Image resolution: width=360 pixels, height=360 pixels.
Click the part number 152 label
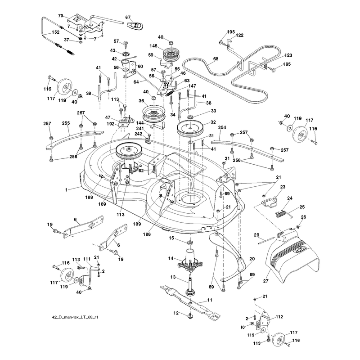[x=55, y=32]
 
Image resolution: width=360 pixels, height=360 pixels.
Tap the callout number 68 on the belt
[x=216, y=59]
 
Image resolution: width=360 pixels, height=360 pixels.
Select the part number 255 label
[x=66, y=123]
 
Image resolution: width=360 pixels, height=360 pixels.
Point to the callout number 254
[x=222, y=127]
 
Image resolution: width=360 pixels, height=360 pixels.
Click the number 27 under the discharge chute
[x=265, y=281]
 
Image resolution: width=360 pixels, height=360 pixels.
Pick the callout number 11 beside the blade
[x=210, y=300]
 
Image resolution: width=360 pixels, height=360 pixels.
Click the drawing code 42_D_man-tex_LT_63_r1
[x=75, y=317]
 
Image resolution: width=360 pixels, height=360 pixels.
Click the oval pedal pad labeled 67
[x=134, y=25]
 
